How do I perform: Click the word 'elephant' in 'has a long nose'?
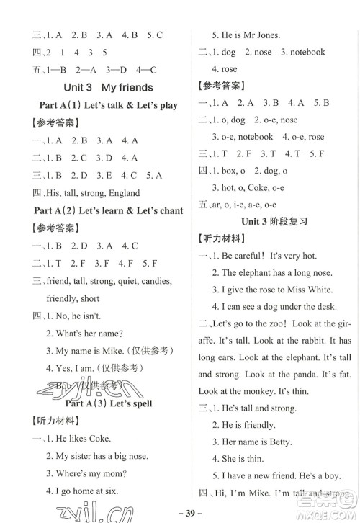262,272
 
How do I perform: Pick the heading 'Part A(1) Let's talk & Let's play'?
107,105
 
